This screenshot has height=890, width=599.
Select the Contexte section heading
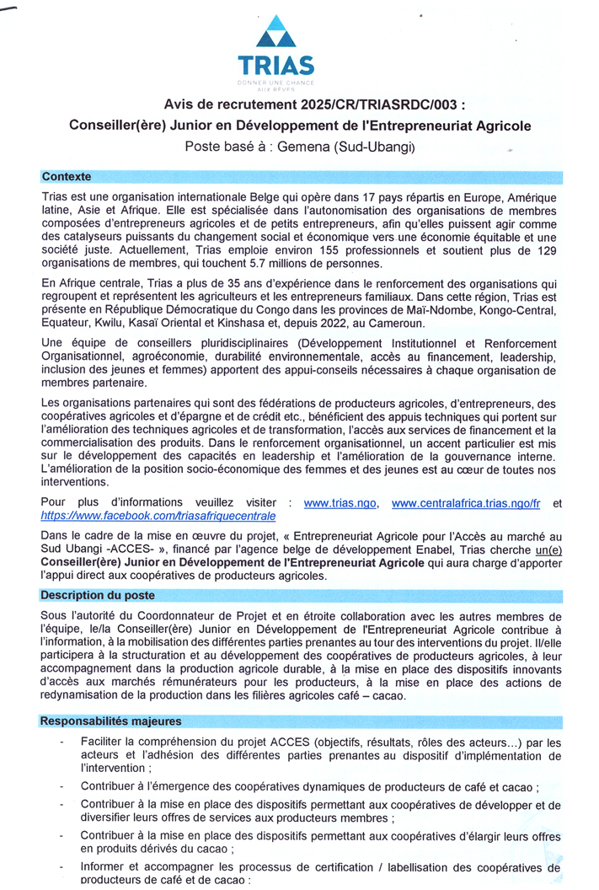[67, 177]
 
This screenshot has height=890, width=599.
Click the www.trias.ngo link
[340, 503]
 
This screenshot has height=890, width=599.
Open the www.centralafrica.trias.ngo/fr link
[466, 503]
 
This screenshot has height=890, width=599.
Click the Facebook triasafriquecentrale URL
[158, 515]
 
